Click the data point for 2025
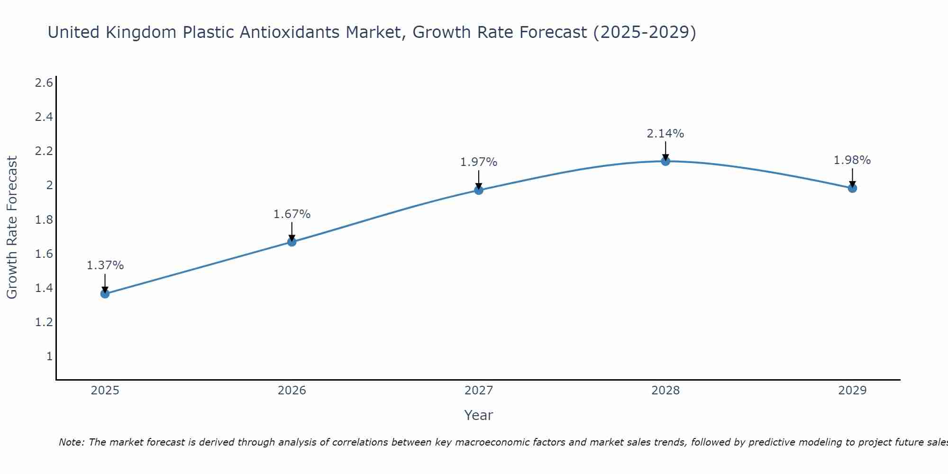tap(105, 294)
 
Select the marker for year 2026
tap(292, 242)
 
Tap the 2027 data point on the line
tap(479, 190)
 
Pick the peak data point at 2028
tap(665, 161)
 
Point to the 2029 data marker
tap(852, 188)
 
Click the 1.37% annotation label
tap(105, 265)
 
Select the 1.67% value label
tap(292, 214)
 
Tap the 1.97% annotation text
tap(479, 162)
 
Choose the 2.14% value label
tap(665, 134)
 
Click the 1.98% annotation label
tap(852, 160)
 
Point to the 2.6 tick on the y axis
tap(44, 83)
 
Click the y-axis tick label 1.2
tap(44, 322)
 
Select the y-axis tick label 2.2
tap(44, 151)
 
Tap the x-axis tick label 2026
tap(292, 391)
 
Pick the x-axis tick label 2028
tap(665, 391)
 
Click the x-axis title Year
tap(479, 415)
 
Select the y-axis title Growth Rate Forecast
tap(12, 227)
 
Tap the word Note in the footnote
tap(71, 442)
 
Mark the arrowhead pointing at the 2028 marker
tap(665, 158)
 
